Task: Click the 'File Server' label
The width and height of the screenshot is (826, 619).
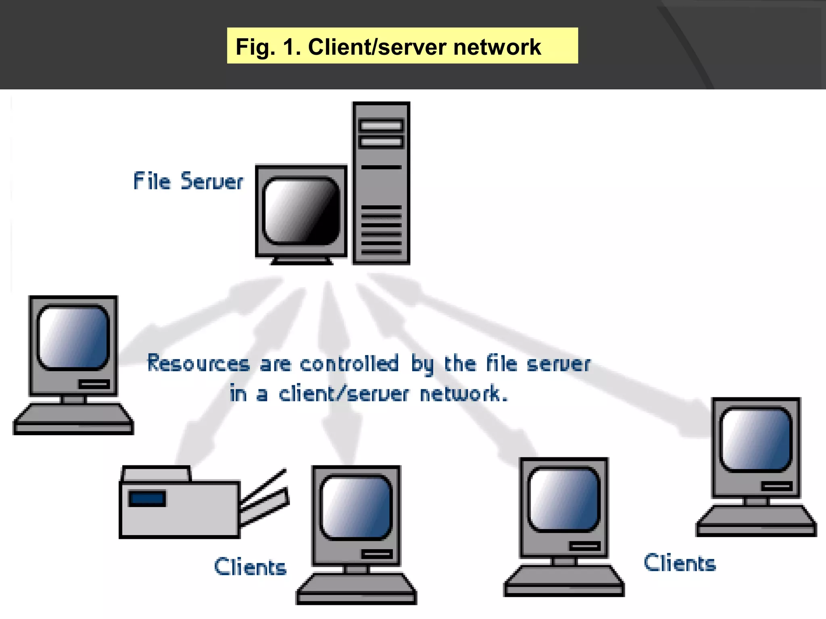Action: [188, 181]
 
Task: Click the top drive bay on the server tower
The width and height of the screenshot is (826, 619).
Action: [381, 126]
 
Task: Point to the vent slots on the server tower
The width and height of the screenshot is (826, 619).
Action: [381, 230]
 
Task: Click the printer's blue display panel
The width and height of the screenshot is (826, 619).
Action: [147, 499]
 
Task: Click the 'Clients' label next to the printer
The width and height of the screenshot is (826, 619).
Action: [250, 567]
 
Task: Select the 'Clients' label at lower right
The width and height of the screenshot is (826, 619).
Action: [680, 563]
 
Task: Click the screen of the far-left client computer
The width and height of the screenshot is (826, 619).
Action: [73, 337]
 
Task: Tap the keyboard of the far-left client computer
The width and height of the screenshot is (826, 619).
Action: [73, 419]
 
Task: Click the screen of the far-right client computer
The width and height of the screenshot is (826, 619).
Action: [756, 439]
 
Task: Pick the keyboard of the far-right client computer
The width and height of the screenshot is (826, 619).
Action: [756, 521]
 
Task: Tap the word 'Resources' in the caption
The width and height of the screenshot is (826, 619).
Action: [198, 363]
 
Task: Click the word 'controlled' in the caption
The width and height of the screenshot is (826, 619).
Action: [349, 363]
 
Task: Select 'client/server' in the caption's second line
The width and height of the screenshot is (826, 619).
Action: [344, 394]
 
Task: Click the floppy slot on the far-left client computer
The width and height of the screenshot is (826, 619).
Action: [94, 384]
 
